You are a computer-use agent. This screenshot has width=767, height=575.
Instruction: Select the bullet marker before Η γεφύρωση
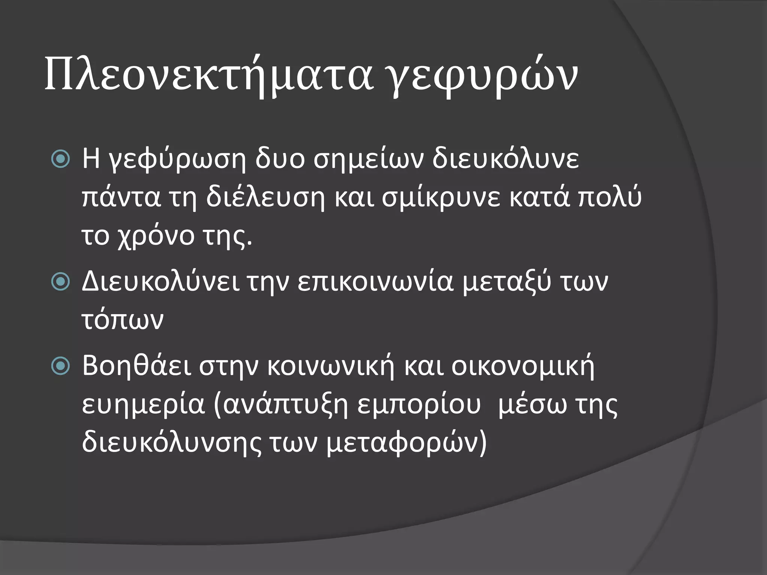point(60,159)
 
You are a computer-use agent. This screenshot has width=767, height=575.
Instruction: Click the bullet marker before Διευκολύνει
point(60,282)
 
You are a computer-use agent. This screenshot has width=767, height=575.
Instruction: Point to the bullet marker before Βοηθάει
point(60,366)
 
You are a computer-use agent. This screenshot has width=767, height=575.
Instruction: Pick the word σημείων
point(369,159)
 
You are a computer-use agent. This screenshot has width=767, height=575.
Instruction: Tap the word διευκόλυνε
point(506,159)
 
